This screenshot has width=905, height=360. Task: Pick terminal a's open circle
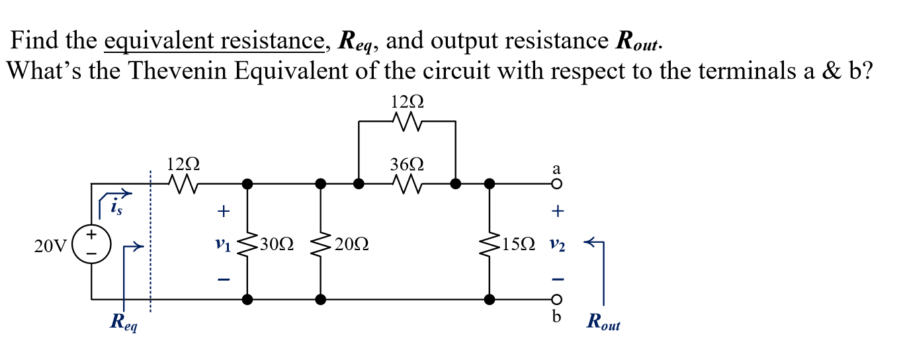pyautogui.click(x=557, y=184)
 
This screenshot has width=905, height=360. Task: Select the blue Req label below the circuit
pyautogui.click(x=124, y=324)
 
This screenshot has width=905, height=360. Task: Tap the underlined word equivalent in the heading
pyautogui.click(x=150, y=42)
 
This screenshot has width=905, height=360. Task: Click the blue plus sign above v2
pyautogui.click(x=558, y=212)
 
